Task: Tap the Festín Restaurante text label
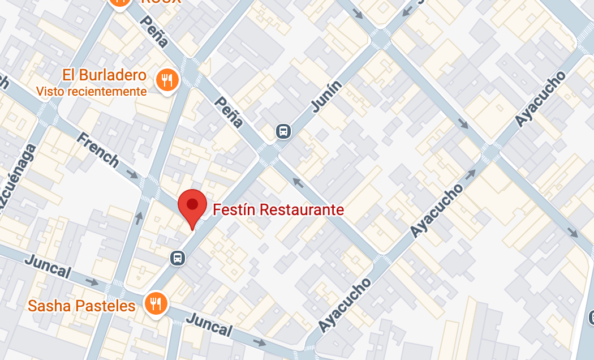[278, 210]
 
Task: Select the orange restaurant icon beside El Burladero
[167, 80]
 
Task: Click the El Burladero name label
[105, 75]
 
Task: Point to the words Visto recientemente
[92, 91]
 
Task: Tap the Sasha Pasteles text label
[82, 306]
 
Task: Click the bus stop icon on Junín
[283, 131]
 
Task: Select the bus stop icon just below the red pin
[178, 258]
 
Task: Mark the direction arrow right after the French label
[132, 173]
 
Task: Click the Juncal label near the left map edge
[48, 267]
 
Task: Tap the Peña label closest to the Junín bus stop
[229, 112]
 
